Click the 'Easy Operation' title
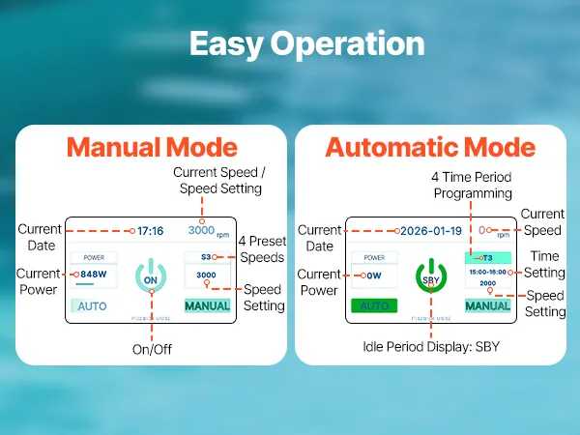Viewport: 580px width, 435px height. (306, 43)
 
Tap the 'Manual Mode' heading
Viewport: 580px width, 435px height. (152, 147)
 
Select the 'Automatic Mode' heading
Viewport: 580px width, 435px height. (429, 147)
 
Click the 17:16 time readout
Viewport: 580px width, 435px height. (150, 232)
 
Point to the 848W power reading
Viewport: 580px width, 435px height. (94, 274)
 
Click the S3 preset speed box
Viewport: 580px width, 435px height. (206, 258)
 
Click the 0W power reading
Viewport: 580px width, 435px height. (376, 275)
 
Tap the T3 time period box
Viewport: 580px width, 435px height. (486, 259)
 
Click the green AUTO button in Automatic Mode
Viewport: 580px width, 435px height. (375, 305)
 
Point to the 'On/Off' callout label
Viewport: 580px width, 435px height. (151, 348)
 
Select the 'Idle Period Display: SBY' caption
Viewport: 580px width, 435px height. (431, 346)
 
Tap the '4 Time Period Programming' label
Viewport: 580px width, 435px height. (473, 186)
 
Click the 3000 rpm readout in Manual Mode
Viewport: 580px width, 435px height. (208, 232)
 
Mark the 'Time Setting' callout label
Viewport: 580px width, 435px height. (544, 264)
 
